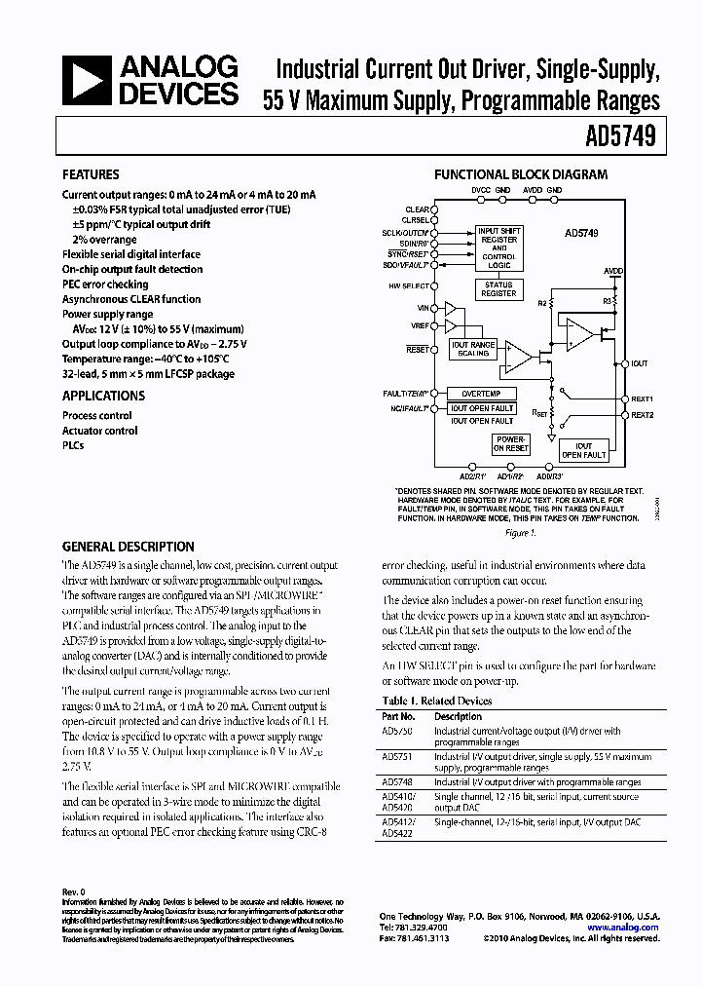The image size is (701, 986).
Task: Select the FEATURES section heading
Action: (91, 175)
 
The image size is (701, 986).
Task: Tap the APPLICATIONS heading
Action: (103, 396)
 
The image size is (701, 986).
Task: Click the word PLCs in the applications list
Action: (73, 445)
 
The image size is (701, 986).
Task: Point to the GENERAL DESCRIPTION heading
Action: (128, 547)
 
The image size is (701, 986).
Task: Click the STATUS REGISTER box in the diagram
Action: (498, 289)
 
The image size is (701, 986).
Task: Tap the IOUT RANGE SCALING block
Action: (473, 350)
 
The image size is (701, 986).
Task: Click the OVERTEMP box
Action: (481, 393)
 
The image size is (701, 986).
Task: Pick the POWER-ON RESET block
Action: (511, 444)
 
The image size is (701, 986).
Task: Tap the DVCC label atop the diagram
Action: (481, 189)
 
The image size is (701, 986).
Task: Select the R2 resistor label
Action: (542, 304)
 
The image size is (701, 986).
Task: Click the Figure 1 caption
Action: (518, 533)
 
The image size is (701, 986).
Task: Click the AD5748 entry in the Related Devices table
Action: (396, 781)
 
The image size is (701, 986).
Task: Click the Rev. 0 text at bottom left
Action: (75, 891)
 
